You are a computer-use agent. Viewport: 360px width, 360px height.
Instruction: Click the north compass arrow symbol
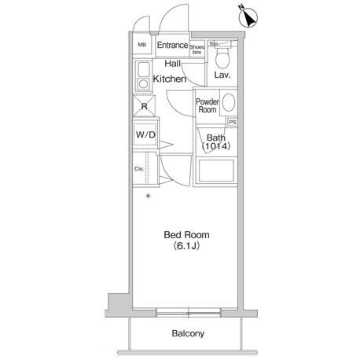[x=248, y=17]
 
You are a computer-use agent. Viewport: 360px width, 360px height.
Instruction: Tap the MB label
[x=141, y=45]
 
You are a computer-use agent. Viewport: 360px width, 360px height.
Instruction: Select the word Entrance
[x=172, y=45]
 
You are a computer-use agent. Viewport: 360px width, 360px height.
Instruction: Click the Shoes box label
[x=197, y=50]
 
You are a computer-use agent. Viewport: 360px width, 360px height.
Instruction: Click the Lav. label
[x=222, y=75]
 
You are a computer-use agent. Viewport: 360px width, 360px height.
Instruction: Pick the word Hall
[x=173, y=64]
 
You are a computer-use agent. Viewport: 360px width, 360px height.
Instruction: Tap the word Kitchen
[x=170, y=79]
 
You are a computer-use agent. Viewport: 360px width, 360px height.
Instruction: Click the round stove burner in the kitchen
[x=143, y=84]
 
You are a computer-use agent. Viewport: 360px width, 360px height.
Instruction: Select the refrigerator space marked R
[x=144, y=106]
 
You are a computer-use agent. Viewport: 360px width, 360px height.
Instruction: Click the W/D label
[x=145, y=135]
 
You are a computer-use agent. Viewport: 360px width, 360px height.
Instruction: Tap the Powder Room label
[x=208, y=105]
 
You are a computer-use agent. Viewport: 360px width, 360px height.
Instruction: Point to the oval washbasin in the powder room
[x=229, y=103]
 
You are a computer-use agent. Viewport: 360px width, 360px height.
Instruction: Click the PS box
[x=233, y=122]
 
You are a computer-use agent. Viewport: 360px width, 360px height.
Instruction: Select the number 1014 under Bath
[x=216, y=146]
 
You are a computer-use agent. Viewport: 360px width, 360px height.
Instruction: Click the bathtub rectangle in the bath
[x=216, y=171]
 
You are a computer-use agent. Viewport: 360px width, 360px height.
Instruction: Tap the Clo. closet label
[x=139, y=169]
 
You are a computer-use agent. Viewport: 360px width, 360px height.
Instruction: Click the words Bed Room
[x=186, y=235]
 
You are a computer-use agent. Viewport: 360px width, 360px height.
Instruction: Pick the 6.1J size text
[x=186, y=246]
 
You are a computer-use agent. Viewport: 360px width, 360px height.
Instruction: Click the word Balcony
[x=188, y=333]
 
